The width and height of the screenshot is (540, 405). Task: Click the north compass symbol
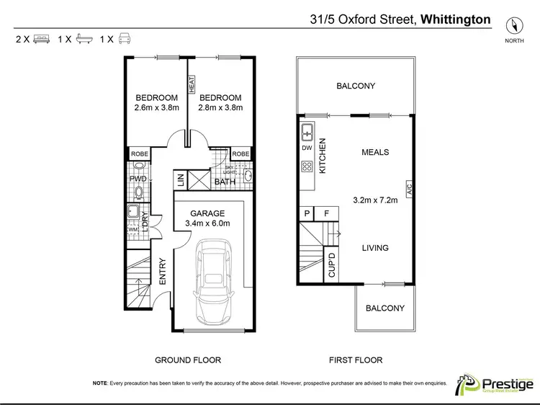[513, 25]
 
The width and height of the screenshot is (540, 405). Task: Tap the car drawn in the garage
[213, 282]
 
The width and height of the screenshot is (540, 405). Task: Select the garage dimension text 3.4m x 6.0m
[208, 223]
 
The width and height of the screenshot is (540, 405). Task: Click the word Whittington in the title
[456, 19]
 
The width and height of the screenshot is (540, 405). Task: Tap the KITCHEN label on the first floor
[323, 156]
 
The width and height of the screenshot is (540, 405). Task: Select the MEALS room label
[374, 152]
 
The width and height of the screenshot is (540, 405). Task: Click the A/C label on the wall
[409, 191]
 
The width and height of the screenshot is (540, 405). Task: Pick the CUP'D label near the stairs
[332, 264]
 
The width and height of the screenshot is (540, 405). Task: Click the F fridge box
[325, 213]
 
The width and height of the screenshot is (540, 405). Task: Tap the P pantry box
[307, 213]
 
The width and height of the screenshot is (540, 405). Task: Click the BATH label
[225, 182]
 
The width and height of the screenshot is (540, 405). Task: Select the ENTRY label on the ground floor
[163, 271]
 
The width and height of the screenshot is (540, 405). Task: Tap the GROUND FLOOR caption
[188, 360]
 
